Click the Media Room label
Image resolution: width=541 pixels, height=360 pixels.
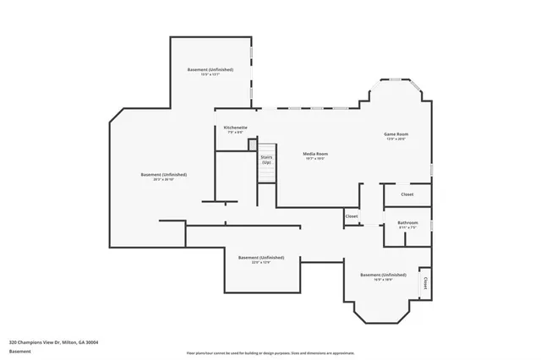(x=315, y=154)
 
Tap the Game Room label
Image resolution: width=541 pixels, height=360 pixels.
(x=396, y=134)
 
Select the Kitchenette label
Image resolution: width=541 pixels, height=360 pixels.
(x=235, y=127)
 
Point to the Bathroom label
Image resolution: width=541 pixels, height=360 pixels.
(x=408, y=222)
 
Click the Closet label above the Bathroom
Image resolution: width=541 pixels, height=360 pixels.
(x=407, y=194)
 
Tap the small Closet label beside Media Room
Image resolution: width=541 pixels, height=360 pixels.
(x=352, y=216)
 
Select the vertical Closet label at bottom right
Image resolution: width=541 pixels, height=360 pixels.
(x=425, y=283)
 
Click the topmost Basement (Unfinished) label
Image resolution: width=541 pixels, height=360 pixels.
(x=210, y=69)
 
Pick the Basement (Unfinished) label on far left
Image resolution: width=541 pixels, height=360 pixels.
(x=164, y=174)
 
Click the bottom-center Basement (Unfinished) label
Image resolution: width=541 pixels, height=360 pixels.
(x=261, y=257)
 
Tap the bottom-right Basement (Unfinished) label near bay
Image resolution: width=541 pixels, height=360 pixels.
(x=383, y=275)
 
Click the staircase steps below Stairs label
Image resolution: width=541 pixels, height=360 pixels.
(x=266, y=173)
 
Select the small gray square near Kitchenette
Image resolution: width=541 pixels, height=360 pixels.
(x=251, y=145)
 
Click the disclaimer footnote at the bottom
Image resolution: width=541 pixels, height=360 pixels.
(x=270, y=352)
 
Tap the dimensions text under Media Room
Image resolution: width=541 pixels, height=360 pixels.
(x=315, y=159)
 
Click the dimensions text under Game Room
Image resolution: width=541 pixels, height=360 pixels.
(x=396, y=139)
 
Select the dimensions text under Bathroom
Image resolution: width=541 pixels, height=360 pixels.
(x=408, y=227)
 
